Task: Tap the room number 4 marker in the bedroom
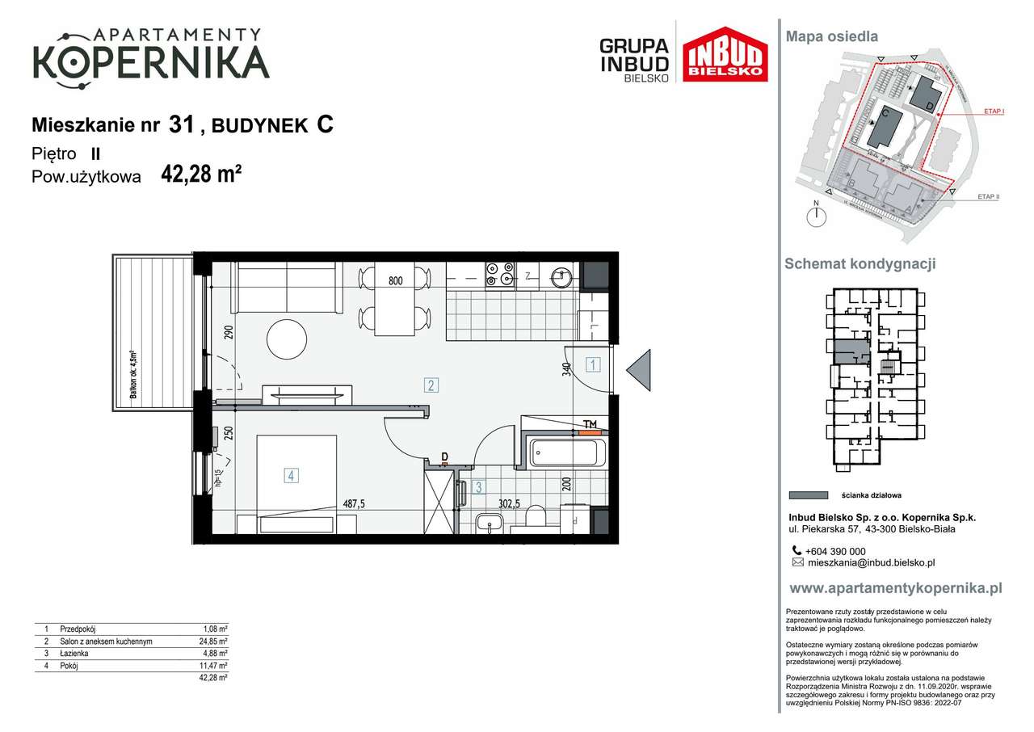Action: [x=290, y=476]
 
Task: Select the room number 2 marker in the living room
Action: [x=432, y=385]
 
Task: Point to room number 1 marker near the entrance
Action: [x=593, y=364]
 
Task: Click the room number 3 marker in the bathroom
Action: [x=478, y=487]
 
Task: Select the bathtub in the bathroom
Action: [x=564, y=452]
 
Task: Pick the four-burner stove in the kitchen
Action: [x=499, y=275]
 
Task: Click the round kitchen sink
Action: [x=561, y=276]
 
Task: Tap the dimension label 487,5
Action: [x=353, y=503]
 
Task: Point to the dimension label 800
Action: [x=395, y=281]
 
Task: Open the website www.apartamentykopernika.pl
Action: [x=895, y=588]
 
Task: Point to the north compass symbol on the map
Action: [x=818, y=215]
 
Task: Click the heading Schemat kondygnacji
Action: [x=860, y=264]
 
